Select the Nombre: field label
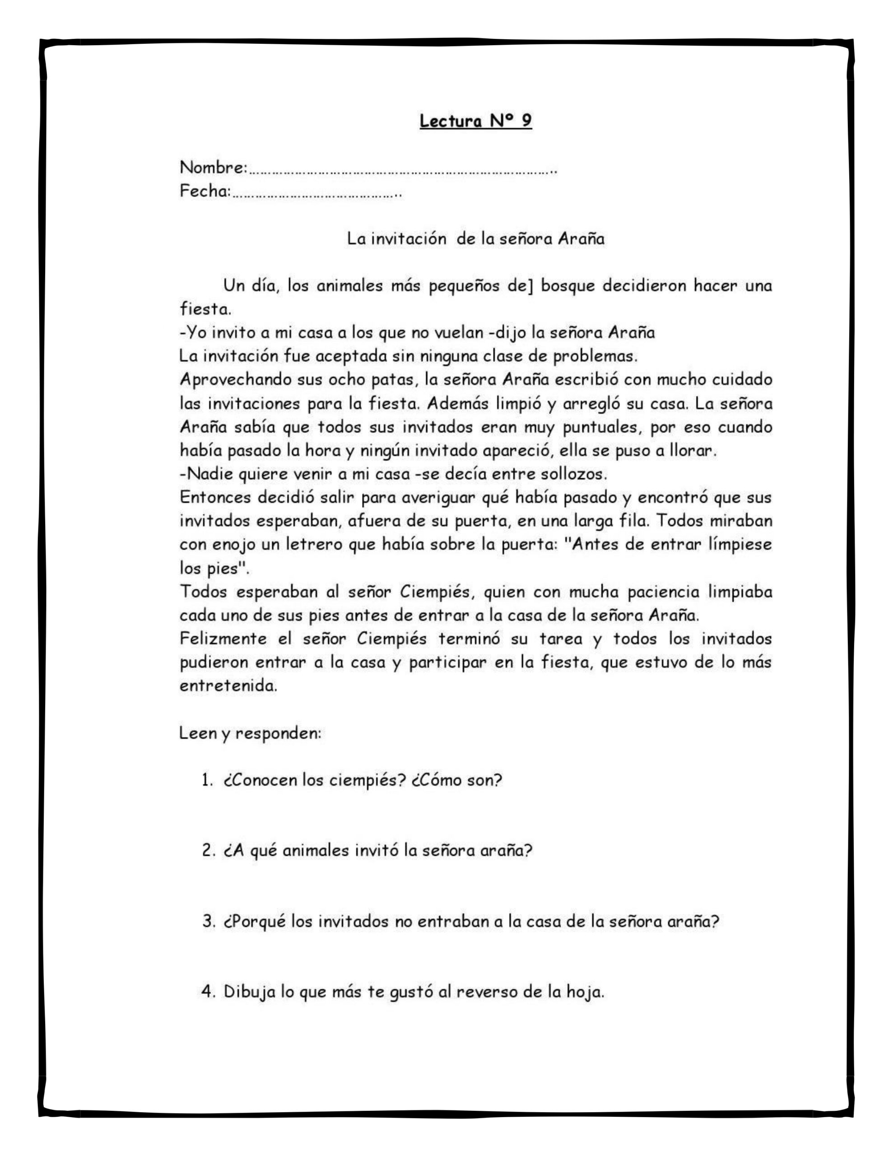tap(214, 168)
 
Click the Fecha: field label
tap(205, 191)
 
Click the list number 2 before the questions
tap(207, 851)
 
